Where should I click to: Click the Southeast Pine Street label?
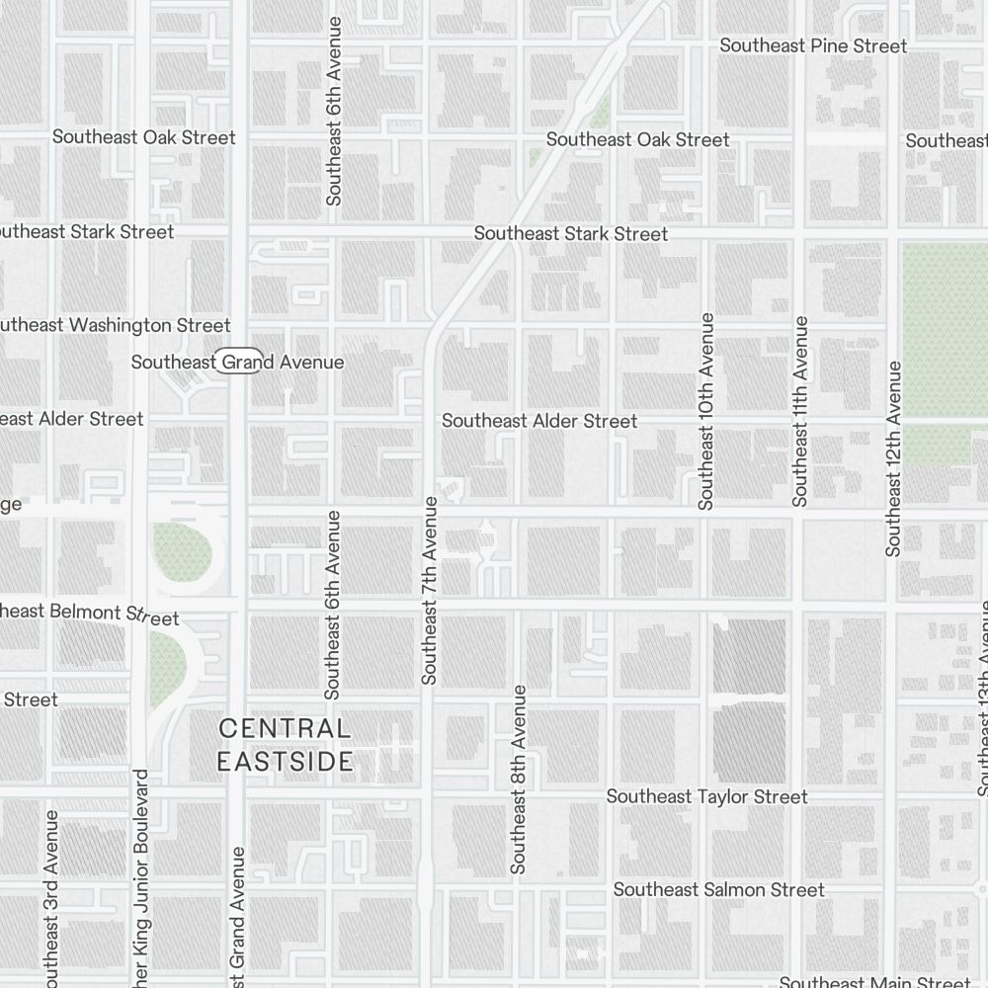pyautogui.click(x=813, y=45)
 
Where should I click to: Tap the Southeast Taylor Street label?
pyautogui.click(x=706, y=796)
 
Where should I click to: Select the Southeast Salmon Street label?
pyautogui.click(x=718, y=890)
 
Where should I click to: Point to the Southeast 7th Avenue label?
pyautogui.click(x=429, y=590)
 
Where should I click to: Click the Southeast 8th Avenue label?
pyautogui.click(x=519, y=780)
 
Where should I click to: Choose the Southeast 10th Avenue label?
pyautogui.click(x=705, y=411)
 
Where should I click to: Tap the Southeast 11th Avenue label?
pyautogui.click(x=800, y=411)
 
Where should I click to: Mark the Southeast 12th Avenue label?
pyautogui.click(x=893, y=458)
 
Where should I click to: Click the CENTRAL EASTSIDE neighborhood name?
pyautogui.click(x=285, y=745)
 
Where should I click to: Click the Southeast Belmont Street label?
pyautogui.click(x=89, y=614)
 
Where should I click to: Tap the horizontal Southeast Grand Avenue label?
pyautogui.click(x=237, y=363)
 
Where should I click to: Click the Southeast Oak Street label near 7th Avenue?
pyautogui.click(x=637, y=139)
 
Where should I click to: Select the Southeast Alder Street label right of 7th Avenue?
pyautogui.click(x=539, y=421)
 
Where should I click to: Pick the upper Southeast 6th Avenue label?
pyautogui.click(x=334, y=111)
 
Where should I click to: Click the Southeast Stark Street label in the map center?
pyautogui.click(x=571, y=234)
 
